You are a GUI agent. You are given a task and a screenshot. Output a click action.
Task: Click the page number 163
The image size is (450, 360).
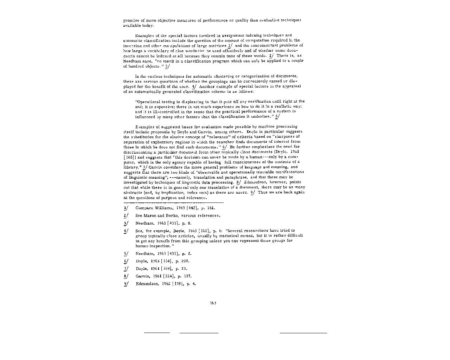[x=213, y=303]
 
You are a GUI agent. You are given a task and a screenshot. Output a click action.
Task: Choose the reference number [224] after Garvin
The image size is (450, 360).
[x=168, y=276]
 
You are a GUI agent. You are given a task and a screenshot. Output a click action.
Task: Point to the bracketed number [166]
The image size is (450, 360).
[x=129, y=157]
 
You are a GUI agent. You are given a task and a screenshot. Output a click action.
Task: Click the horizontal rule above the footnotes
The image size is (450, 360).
[x=173, y=203]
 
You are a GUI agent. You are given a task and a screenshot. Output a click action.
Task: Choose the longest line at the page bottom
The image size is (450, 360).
[x=303, y=333]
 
